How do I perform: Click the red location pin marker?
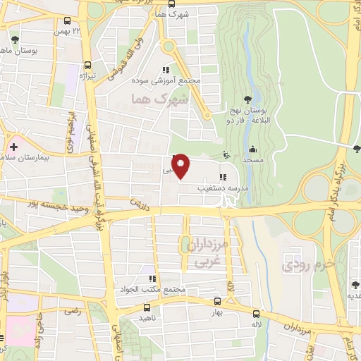[180, 166]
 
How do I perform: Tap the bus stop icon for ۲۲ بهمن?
[66, 21]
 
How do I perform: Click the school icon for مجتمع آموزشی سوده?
[165, 70]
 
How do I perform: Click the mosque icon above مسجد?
[252, 149]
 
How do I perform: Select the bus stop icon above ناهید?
[147, 307]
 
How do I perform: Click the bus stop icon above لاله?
[256, 314]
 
